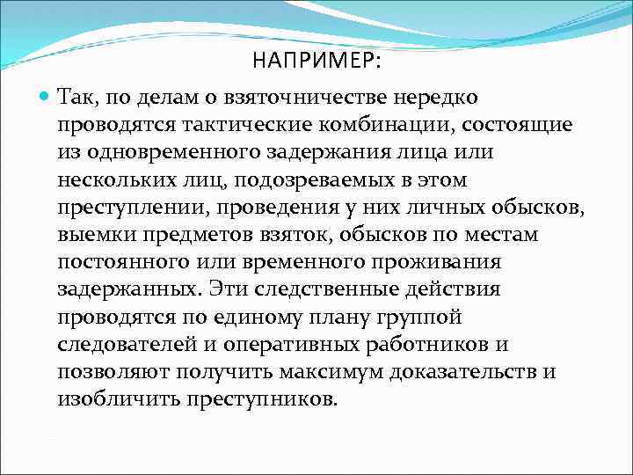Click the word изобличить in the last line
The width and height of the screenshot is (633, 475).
coord(119,400)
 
